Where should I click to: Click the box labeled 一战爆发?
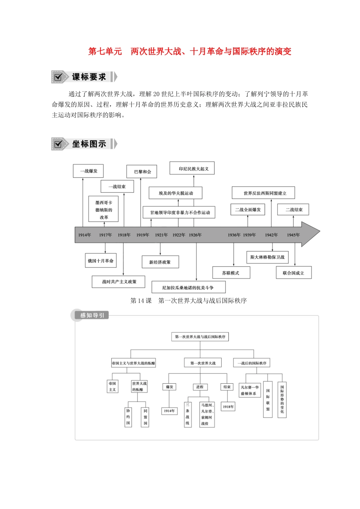click(88, 171)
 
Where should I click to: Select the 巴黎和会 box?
click(142, 172)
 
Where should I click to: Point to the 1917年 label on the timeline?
click(105, 235)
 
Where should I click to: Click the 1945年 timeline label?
click(293, 235)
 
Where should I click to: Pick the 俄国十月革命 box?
click(101, 261)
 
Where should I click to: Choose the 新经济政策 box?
click(160, 262)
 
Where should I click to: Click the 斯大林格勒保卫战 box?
click(267, 258)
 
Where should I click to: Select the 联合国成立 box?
click(293, 273)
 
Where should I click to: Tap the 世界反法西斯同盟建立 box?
click(263, 193)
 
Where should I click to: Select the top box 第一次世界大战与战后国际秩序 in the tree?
click(200, 337)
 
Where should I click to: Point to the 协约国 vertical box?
click(128, 417)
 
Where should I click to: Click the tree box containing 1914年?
click(169, 411)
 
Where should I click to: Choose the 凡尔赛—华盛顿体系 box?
click(250, 390)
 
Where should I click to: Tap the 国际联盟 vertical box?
click(268, 400)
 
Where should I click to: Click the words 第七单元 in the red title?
click(105, 52)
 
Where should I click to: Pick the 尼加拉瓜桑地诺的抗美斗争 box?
click(188, 287)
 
